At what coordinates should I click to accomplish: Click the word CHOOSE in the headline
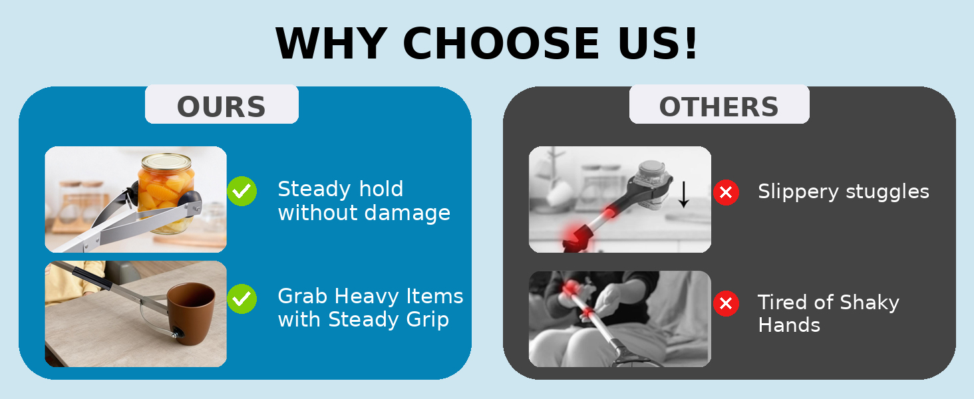500,43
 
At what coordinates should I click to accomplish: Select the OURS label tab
222,104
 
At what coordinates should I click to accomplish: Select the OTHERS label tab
719,104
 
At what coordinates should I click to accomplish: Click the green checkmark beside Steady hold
242,192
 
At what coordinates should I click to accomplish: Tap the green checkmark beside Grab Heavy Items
242,299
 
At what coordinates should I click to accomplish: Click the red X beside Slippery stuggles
726,192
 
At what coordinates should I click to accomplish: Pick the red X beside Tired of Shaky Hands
726,303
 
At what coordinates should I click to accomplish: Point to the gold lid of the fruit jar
166,162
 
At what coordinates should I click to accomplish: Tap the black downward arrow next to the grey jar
684,194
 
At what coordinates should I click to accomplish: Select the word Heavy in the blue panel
367,297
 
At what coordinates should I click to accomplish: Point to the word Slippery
798,192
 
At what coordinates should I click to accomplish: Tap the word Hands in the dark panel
789,325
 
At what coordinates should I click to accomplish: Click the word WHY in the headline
331,43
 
